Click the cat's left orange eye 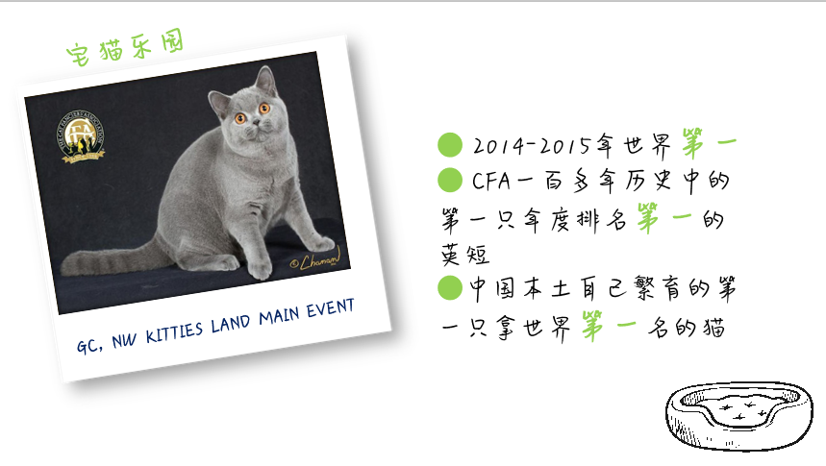click(240, 118)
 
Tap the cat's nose click(256, 122)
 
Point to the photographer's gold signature click(316, 259)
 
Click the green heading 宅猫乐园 click(125, 47)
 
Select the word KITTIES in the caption click(174, 332)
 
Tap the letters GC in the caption click(88, 346)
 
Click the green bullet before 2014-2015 click(450, 145)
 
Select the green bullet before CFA click(450, 180)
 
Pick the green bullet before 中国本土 click(450, 287)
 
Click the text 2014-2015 click(532, 145)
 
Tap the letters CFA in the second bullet click(491, 182)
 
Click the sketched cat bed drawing click(738, 416)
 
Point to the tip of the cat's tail click(64, 267)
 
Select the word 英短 click(465, 255)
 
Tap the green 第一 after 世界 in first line click(709, 143)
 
